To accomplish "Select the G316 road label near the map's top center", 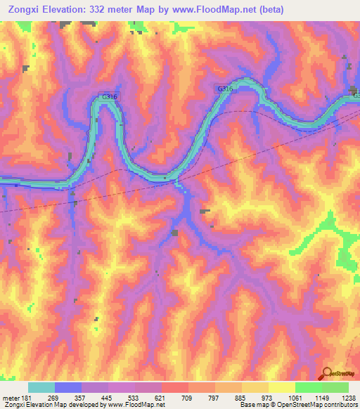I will click(x=224, y=89).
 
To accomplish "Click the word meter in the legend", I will click(x=11, y=398).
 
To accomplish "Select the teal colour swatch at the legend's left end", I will click(x=41, y=387).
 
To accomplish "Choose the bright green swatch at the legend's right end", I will click(x=335, y=387).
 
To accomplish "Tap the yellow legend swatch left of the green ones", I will click(x=281, y=387).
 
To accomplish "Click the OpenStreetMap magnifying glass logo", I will click(x=328, y=372).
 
